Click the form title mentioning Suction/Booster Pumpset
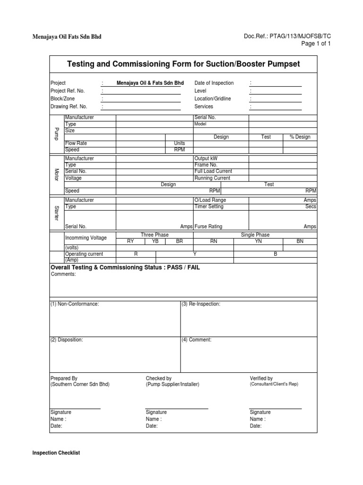point(183,64)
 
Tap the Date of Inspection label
point(214,83)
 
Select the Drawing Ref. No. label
point(69,107)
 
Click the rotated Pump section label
point(56,134)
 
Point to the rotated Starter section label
point(56,213)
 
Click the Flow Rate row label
point(76,143)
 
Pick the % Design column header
point(300,137)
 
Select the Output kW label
point(206,158)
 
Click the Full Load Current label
point(213,171)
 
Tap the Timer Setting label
point(209,207)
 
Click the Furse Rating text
point(208,227)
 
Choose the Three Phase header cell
point(154,235)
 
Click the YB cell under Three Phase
point(155,241)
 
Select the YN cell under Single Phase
point(258,241)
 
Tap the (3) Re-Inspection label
point(201,304)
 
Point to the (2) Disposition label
point(67,340)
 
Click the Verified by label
point(261,378)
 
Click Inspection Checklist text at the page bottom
point(56,453)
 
